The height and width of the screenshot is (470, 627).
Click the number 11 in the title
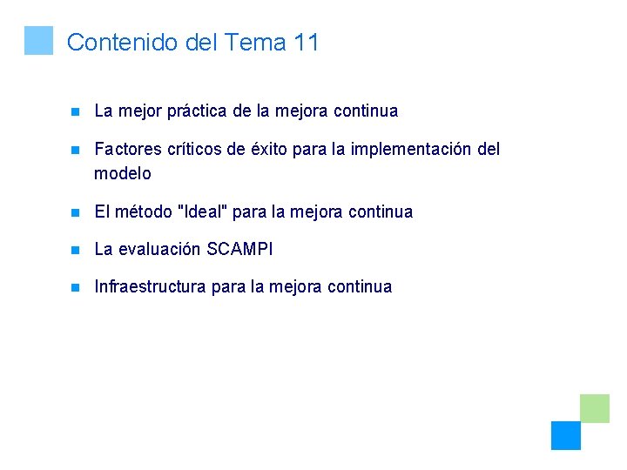[306, 42]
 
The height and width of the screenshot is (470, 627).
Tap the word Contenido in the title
[123, 42]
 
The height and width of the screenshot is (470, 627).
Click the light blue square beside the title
[38, 40]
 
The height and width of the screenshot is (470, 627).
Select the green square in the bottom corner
[595, 408]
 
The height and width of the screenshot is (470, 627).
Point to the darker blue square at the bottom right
[565, 435]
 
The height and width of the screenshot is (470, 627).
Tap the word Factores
[127, 150]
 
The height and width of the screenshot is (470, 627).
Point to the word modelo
[122, 173]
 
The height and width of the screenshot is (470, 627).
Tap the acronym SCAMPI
[239, 250]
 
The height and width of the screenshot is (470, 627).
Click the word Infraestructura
[150, 287]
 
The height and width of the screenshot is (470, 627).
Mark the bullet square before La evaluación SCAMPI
[76, 250]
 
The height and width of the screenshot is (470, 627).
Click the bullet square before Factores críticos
[76, 150]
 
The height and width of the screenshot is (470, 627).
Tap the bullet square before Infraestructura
[76, 287]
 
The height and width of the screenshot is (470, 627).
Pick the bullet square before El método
[76, 211]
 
